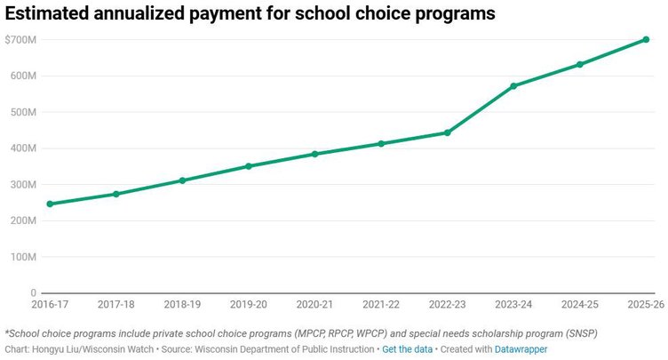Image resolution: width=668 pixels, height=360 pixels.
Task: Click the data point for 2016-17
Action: [50, 204]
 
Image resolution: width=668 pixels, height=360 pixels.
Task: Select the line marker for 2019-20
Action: [249, 166]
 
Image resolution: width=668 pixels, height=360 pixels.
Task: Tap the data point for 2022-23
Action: [447, 132]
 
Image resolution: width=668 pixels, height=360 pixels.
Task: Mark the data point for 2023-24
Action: [513, 86]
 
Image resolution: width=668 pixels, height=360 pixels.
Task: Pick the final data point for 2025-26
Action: [646, 39]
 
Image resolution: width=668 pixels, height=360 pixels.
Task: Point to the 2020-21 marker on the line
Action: [314, 154]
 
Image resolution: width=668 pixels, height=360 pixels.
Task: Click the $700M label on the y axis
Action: [20, 40]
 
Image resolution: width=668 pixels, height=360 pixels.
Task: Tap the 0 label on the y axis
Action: [33, 292]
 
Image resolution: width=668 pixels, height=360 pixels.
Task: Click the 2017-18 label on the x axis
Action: [115, 304]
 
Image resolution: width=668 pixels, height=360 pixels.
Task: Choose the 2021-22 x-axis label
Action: [380, 304]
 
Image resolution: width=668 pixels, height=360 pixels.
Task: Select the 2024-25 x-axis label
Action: [579, 304]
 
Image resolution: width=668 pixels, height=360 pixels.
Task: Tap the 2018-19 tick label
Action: [182, 304]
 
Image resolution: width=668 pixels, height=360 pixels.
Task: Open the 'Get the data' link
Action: [407, 349]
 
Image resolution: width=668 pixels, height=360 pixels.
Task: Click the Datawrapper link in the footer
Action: [521, 349]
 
